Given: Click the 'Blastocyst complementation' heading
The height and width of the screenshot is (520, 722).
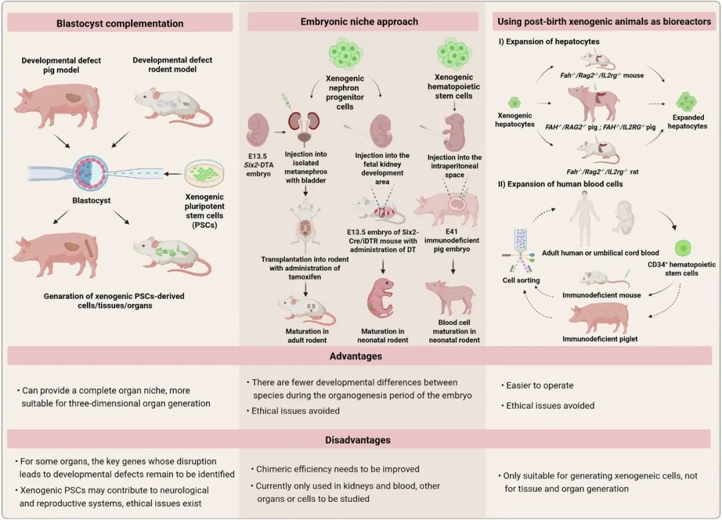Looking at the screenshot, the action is (x=120, y=23).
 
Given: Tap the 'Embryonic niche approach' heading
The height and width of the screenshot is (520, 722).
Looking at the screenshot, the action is (x=359, y=21).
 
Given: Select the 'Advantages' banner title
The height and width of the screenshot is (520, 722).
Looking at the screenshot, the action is (x=356, y=356).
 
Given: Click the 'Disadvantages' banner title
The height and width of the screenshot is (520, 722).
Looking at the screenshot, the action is (x=358, y=440).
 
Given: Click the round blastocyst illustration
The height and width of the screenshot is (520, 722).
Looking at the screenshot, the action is (x=91, y=173).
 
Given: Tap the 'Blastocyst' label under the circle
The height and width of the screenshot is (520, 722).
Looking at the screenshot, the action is (x=91, y=201).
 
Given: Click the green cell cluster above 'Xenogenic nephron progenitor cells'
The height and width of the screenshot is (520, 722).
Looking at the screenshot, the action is (x=346, y=54).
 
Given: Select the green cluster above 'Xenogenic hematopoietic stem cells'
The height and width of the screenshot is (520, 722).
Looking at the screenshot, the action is (x=454, y=54).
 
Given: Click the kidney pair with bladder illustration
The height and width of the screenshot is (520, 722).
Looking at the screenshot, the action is (x=304, y=127).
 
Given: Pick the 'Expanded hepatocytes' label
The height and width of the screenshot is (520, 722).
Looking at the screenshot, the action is (x=687, y=122).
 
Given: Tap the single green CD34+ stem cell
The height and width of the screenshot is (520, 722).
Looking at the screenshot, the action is (x=683, y=249).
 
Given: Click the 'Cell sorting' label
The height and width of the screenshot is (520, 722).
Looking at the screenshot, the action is (x=521, y=280).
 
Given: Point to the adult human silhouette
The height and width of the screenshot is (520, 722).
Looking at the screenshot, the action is (x=584, y=219).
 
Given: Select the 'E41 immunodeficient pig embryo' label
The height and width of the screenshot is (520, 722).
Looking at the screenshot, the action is (x=452, y=240).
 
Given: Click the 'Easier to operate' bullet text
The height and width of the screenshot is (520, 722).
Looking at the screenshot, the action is (x=539, y=386).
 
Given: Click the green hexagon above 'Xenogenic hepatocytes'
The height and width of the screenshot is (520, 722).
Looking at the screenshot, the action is (x=514, y=102).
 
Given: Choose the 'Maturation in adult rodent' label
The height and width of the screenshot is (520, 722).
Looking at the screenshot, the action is (x=306, y=336).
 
